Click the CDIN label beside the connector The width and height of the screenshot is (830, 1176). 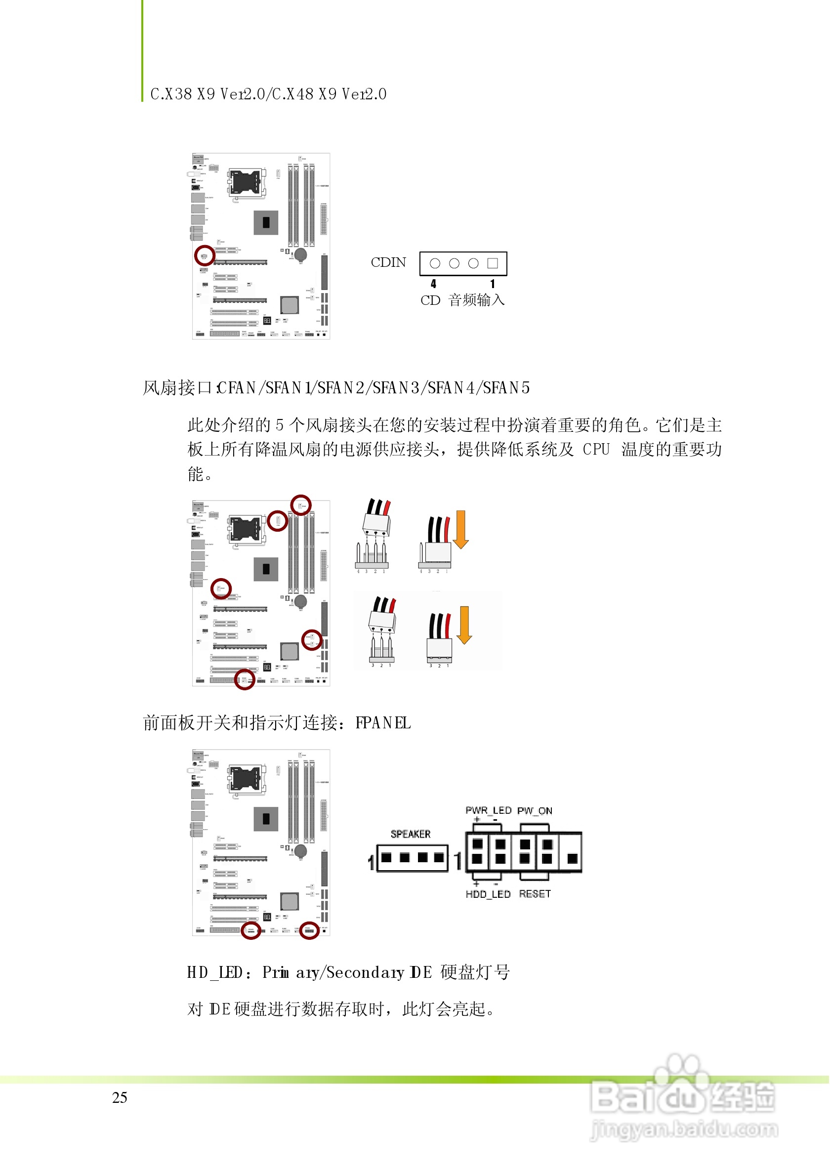tap(388, 262)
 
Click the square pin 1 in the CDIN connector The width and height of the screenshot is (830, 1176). tap(493, 263)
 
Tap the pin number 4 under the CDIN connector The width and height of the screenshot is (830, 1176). tap(433, 284)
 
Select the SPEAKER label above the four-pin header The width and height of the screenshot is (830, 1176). tap(411, 834)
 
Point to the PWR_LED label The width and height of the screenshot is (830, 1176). tap(488, 810)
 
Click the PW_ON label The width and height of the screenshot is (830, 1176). tap(535, 810)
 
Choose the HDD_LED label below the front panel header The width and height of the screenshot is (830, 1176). tap(488, 894)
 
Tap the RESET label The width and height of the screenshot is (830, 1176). tap(535, 894)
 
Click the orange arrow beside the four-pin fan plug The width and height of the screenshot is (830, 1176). tap(460, 529)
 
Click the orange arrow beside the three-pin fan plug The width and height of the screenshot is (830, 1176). tap(464, 625)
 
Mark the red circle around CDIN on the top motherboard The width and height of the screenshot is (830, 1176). tap(205, 255)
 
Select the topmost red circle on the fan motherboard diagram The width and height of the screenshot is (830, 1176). tap(300, 505)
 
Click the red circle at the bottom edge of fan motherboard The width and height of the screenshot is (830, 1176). tap(244, 679)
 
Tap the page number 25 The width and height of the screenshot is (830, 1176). tap(119, 1097)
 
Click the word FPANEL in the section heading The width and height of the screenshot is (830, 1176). tap(383, 723)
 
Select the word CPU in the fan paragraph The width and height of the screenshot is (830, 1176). tap(596, 449)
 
